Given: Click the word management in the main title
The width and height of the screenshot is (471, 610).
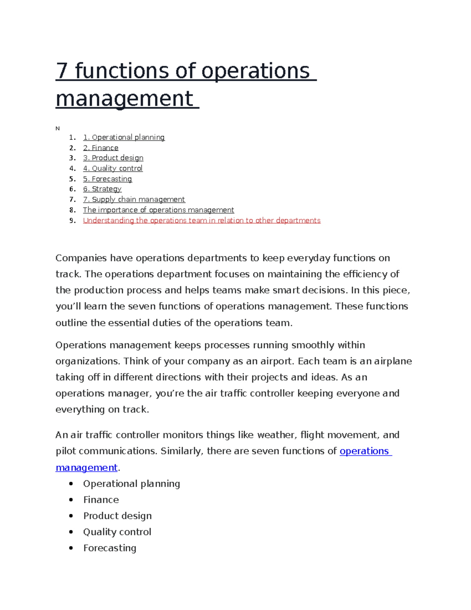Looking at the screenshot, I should click(x=124, y=99).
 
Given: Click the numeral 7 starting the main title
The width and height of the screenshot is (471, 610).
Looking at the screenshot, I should click(x=62, y=71).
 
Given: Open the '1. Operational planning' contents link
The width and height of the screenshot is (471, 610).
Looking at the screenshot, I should click(x=124, y=137).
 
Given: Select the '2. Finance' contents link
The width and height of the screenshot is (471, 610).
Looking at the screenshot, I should click(x=100, y=148).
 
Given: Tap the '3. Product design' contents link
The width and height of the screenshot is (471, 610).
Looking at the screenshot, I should click(x=113, y=158).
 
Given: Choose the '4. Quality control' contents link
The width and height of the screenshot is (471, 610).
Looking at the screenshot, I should click(x=113, y=168).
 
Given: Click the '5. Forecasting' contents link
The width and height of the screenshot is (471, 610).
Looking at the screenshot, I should click(x=108, y=179).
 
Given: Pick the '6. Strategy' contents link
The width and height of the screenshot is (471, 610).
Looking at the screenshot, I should click(x=102, y=189).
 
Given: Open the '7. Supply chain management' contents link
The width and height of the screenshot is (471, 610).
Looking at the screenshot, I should click(x=134, y=200).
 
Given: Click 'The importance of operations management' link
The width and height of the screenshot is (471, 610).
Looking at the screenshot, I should click(x=158, y=210).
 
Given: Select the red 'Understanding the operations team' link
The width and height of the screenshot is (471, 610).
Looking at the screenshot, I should click(x=202, y=220).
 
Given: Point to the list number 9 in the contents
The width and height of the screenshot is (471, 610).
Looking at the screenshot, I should click(x=72, y=220).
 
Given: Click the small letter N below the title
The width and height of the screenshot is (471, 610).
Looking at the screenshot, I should click(x=58, y=128).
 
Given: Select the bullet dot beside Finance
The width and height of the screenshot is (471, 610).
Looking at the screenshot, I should click(x=71, y=500).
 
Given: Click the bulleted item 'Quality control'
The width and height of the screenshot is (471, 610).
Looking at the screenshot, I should click(x=117, y=532).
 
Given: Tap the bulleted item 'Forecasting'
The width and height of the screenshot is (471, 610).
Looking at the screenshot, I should click(x=110, y=548).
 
